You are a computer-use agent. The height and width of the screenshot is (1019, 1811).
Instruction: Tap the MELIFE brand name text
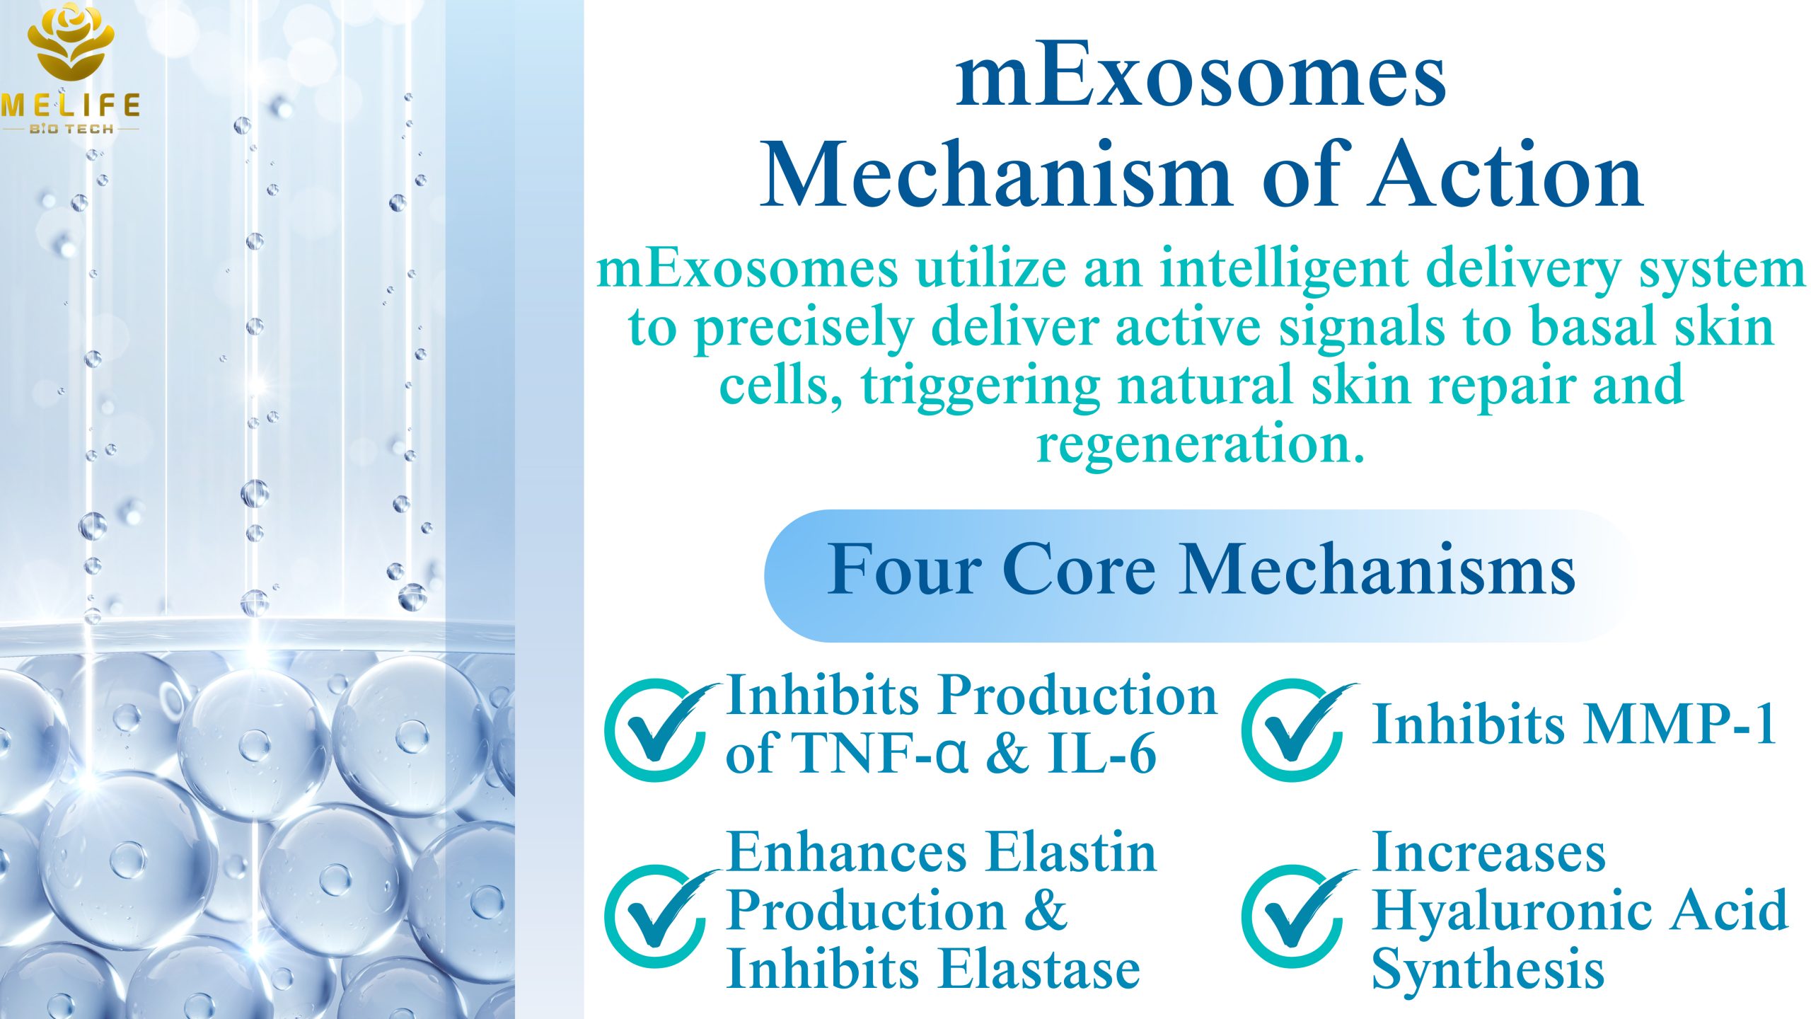pyautogui.click(x=71, y=105)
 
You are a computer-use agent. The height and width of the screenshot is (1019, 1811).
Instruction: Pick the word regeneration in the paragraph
pyautogui.click(x=1200, y=444)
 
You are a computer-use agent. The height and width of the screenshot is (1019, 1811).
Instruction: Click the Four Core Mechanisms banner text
pyautogui.click(x=1200, y=570)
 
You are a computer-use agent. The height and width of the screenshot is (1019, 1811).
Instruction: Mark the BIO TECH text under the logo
pyautogui.click(x=71, y=129)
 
